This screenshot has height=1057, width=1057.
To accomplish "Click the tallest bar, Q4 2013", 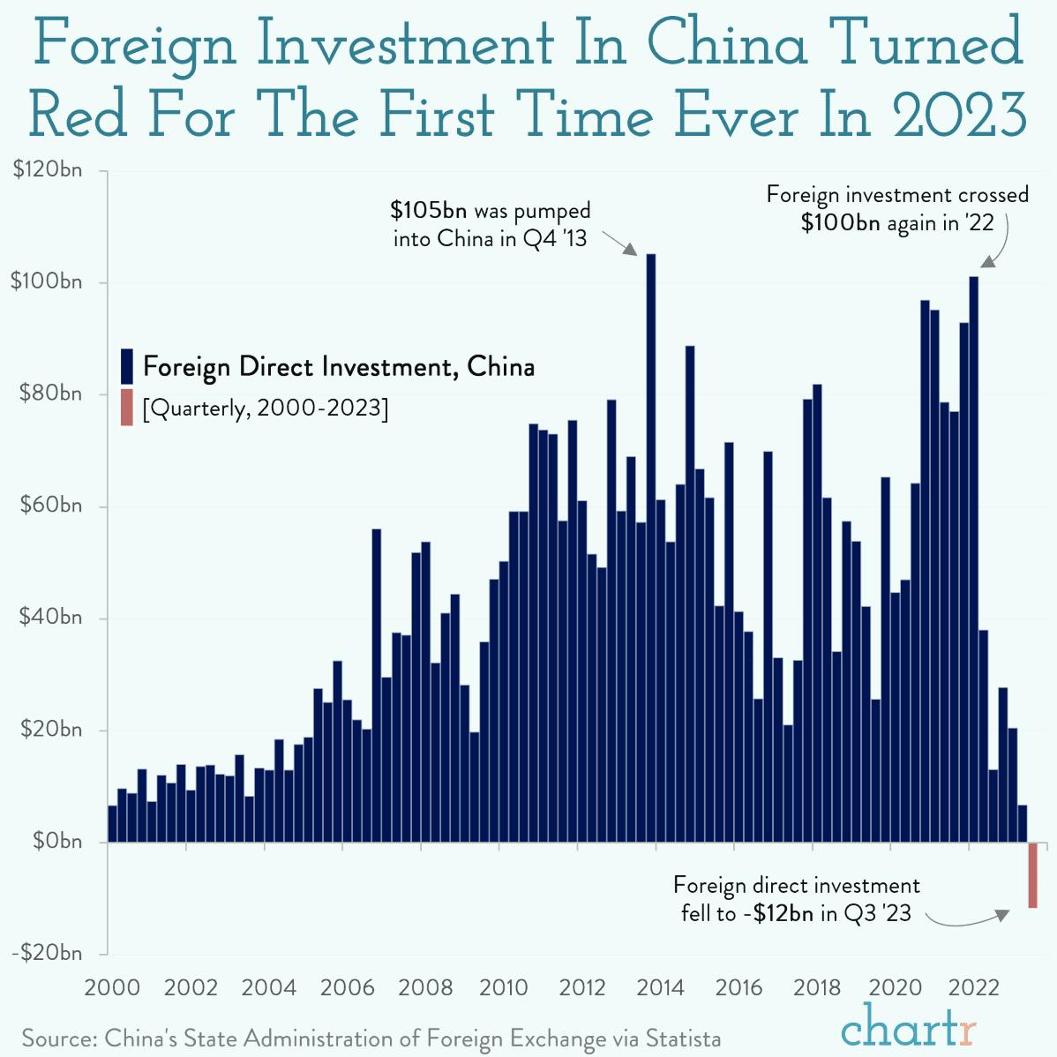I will point(651,547).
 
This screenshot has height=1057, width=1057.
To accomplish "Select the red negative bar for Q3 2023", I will point(1032,874).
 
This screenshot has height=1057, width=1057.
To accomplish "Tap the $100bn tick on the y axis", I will point(46,282).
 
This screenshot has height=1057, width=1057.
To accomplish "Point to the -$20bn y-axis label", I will point(46,953).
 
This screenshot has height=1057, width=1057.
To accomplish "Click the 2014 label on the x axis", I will point(660,987).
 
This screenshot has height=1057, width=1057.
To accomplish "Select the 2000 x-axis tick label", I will point(111,987).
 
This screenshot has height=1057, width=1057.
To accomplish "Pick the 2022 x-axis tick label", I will point(973,987).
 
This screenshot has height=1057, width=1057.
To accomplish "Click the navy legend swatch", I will point(126,365).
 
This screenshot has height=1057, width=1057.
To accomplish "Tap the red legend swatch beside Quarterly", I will point(126,408).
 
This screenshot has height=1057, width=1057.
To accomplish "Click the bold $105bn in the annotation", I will point(428,211).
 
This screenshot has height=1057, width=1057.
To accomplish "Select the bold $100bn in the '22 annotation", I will point(840,222).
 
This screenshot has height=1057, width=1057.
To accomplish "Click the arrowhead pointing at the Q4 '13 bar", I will point(630,250).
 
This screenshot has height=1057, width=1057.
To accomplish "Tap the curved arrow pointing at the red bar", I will point(966,922).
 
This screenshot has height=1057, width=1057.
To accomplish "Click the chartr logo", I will point(909,1029).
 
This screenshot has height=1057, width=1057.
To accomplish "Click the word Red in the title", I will point(78,116).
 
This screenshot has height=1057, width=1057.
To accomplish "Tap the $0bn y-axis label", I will point(56,842).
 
